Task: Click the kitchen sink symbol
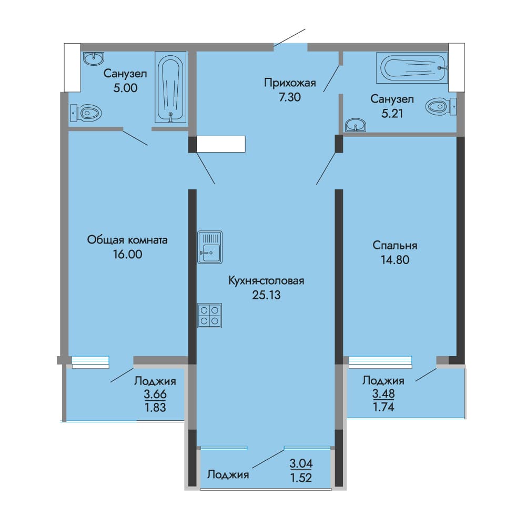coord(210,247)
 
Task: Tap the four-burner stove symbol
coord(210,316)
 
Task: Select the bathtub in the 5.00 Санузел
coord(170,87)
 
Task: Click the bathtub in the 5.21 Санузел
coord(412,67)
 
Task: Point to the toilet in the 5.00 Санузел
coord(86,113)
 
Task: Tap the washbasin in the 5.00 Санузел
coord(94,58)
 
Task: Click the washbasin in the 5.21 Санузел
coord(356,125)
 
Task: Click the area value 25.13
coord(266,295)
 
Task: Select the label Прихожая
coord(290,83)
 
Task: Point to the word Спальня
coord(395,246)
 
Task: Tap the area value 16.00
coord(127,254)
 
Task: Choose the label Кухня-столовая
coord(266,280)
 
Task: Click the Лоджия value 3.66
coord(155,394)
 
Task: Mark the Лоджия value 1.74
coord(383,407)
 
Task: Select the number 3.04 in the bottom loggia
coord(301,463)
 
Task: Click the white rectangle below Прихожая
coord(221,144)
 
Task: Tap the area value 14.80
coord(395,260)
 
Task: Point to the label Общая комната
coord(127,240)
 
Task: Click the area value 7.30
coord(290,97)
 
